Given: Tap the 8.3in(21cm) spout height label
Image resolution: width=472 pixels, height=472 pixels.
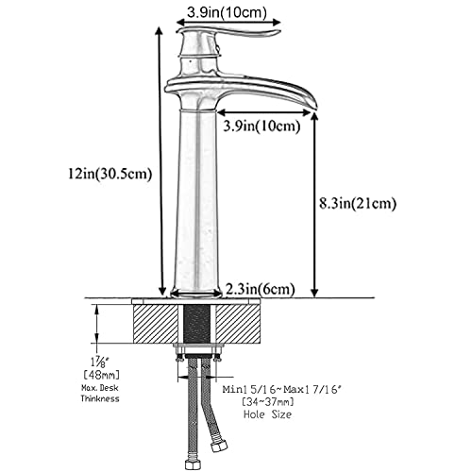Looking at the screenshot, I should [x=358, y=202].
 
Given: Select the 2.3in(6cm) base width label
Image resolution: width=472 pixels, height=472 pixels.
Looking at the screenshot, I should [x=261, y=288].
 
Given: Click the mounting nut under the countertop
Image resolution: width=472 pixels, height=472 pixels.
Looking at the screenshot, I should [x=197, y=354].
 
